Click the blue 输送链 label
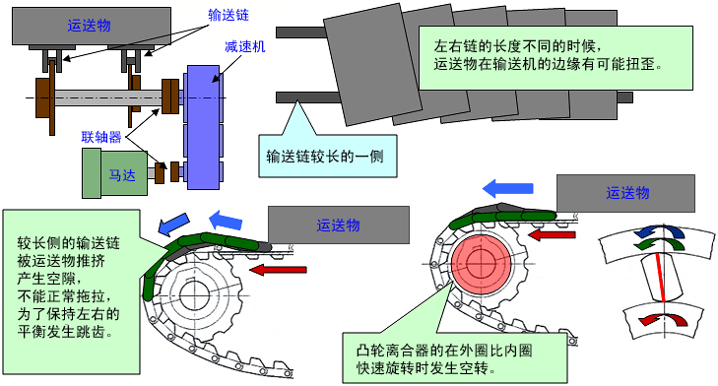click(228, 15)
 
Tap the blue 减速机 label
click(244, 46)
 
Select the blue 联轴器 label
click(101, 137)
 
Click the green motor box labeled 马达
click(115, 173)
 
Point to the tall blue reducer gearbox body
click(203, 127)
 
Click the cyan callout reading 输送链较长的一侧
click(327, 157)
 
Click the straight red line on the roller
click(659, 277)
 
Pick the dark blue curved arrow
click(659, 230)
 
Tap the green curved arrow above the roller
click(659, 244)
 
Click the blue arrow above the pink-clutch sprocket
click(508, 188)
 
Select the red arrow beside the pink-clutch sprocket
click(552, 235)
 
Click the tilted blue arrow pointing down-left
click(173, 224)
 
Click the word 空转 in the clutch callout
click(474, 367)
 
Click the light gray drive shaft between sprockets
click(108, 98)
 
